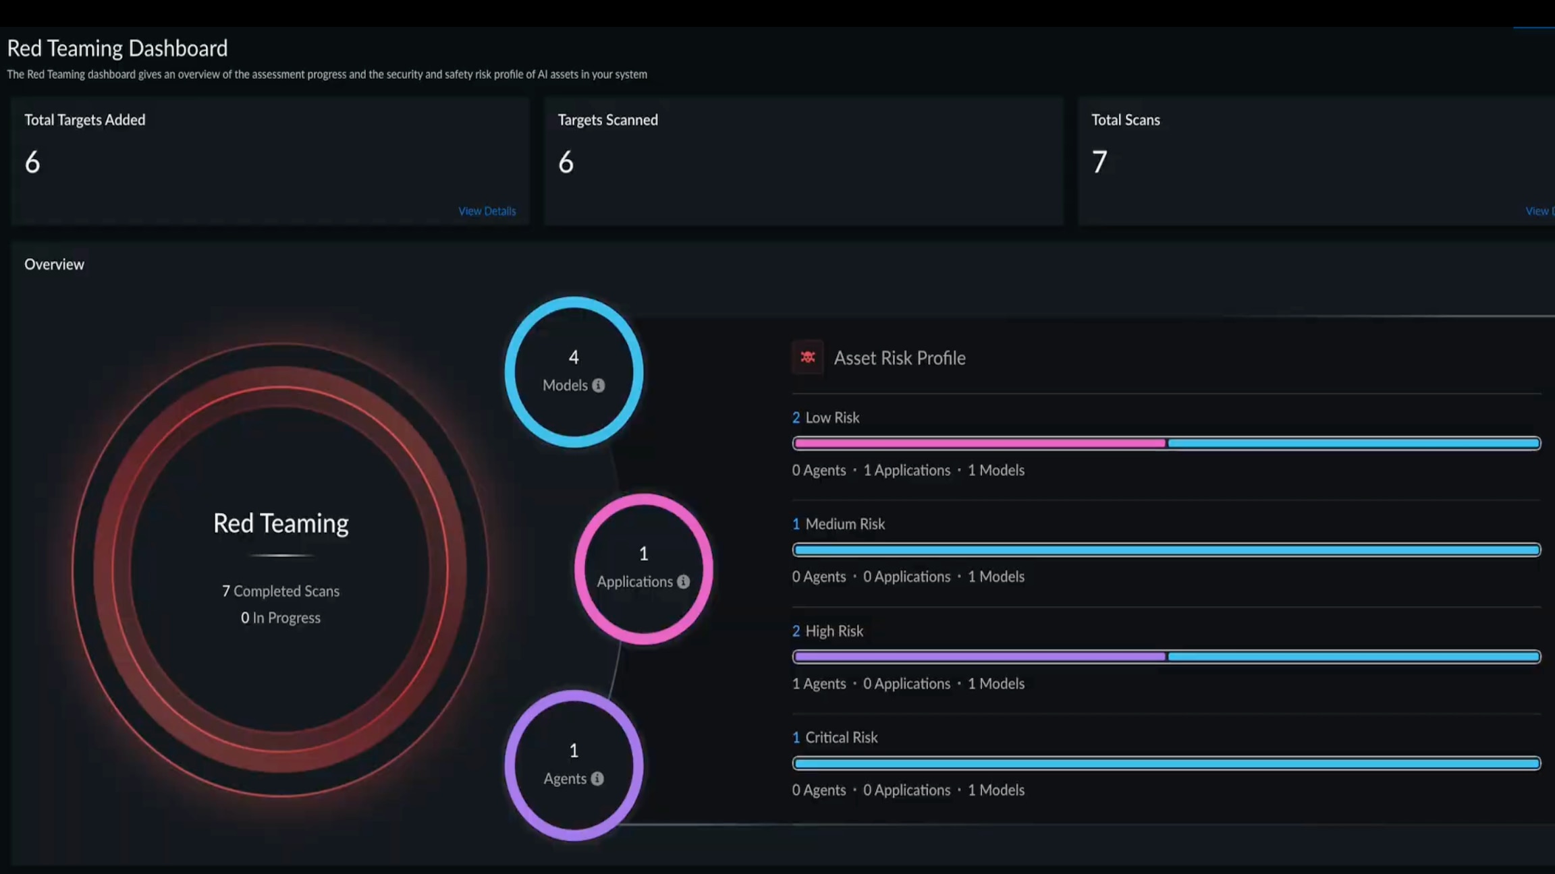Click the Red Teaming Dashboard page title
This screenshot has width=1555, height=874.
tap(117, 49)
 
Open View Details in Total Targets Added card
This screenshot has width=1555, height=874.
tap(487, 211)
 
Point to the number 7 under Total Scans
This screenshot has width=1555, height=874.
tap(1099, 162)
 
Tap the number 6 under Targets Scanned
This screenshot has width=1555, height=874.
tap(566, 162)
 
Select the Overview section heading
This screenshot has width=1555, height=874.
tap(54, 264)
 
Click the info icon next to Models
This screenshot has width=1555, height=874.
tap(599, 386)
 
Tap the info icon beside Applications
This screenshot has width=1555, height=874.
tap(684, 581)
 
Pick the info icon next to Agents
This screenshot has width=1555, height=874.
tap(597, 779)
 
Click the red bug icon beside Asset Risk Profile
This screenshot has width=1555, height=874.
tap(807, 357)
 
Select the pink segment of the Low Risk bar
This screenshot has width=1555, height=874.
tap(979, 443)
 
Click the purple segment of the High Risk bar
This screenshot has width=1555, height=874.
tap(979, 656)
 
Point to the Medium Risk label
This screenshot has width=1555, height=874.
tap(844, 524)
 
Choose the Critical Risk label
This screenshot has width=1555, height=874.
tap(841, 737)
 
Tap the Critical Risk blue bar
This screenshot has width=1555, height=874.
tap(1166, 763)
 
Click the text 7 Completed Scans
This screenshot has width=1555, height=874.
tap(281, 591)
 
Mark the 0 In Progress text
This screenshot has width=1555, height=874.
tap(281, 618)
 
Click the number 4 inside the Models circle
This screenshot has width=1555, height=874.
tap(574, 357)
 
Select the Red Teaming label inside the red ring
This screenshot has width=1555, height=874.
tap(281, 523)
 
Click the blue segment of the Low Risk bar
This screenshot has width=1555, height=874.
tap(1353, 443)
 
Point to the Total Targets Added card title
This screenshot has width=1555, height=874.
tap(85, 120)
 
